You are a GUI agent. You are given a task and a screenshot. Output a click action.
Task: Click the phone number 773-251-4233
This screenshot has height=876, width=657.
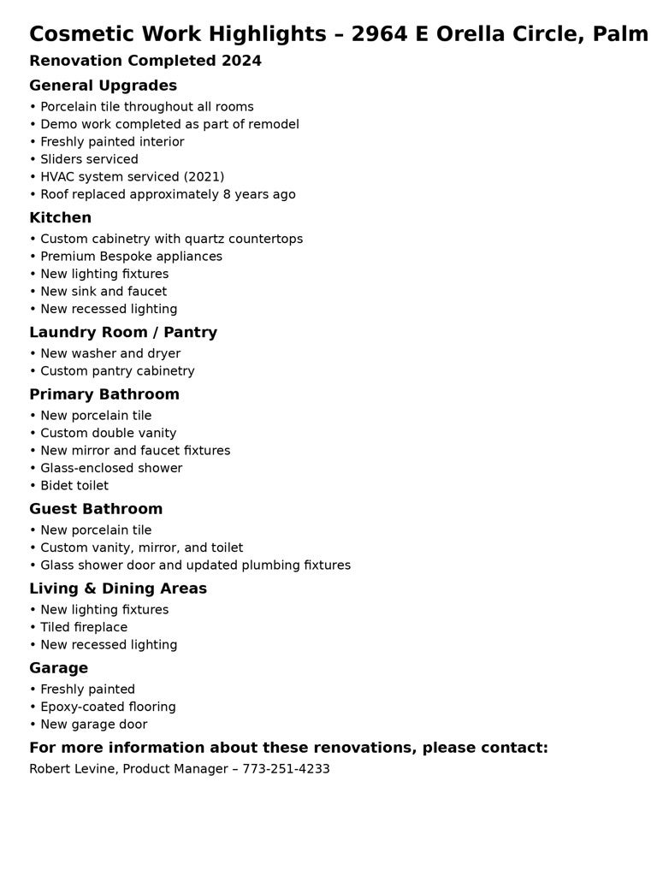click(286, 769)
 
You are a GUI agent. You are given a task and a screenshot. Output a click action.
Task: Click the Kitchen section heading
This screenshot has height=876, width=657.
click(60, 217)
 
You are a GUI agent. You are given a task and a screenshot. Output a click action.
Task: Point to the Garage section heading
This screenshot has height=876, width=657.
click(58, 668)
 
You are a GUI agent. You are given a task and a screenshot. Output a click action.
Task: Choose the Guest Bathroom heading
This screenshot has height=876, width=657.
click(96, 509)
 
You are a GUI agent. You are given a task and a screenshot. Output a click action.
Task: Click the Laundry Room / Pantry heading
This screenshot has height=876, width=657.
click(123, 332)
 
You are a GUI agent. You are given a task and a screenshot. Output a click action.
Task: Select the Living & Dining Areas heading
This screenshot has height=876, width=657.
click(118, 589)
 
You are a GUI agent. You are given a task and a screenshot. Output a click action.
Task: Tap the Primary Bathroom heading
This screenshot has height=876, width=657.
click(104, 394)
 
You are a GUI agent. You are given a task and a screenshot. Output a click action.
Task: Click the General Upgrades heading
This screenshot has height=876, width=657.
click(103, 86)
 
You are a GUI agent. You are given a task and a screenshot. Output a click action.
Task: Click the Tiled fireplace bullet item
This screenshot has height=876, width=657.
click(83, 627)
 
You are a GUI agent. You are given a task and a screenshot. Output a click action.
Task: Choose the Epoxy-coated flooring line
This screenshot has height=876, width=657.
click(108, 707)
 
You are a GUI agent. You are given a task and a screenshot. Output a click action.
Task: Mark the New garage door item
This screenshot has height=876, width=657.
click(93, 725)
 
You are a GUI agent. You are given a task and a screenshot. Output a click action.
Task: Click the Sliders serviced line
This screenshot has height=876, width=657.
click(89, 159)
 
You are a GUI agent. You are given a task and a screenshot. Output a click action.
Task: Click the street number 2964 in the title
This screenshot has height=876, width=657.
click(379, 34)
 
